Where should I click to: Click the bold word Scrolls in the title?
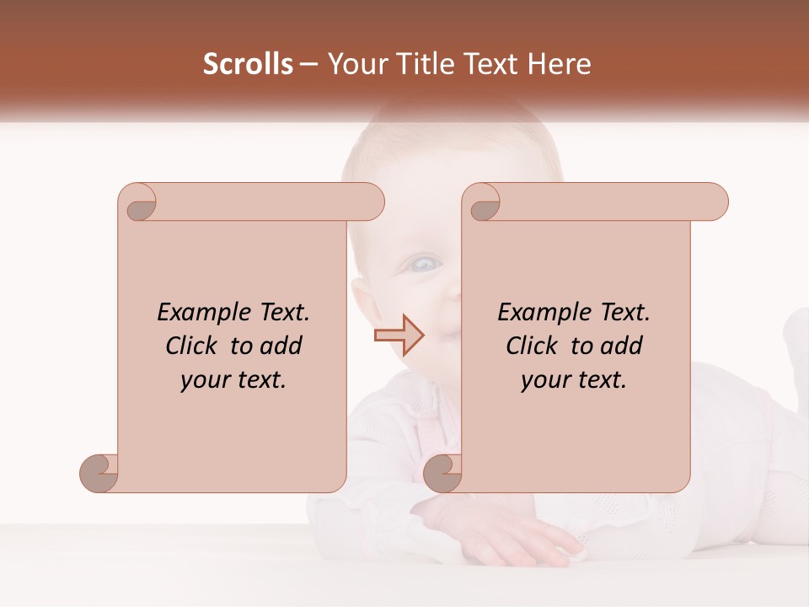tap(248, 64)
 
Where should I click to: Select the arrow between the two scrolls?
tap(399, 335)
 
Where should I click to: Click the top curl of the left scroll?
tap(138, 202)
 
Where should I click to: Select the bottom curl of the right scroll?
tap(443, 473)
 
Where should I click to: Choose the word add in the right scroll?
tap(623, 346)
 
